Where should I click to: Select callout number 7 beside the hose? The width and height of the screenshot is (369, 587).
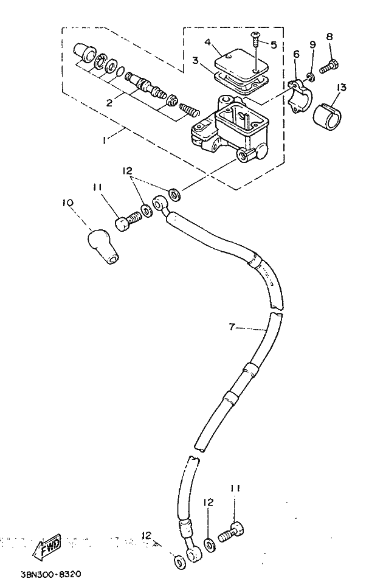click(x=232, y=328)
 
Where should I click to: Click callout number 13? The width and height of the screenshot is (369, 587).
click(x=341, y=88)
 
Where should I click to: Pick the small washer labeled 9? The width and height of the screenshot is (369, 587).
click(x=310, y=77)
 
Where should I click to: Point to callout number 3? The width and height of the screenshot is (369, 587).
click(x=195, y=60)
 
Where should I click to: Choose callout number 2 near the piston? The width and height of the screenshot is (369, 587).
click(x=109, y=102)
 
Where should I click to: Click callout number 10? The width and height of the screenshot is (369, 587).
click(x=67, y=203)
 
